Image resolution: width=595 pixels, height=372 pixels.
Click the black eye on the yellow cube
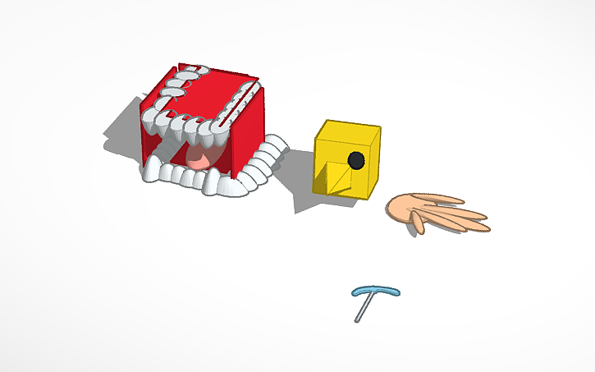click(355, 159)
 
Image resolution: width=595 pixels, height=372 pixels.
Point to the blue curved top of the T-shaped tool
click(376, 290)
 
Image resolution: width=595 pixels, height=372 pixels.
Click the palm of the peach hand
click(405, 209)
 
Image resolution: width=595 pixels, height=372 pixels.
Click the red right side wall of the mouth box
click(248, 131)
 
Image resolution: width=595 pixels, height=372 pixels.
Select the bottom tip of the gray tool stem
click(358, 320)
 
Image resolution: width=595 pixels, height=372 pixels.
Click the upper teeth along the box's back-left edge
click(164, 94)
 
